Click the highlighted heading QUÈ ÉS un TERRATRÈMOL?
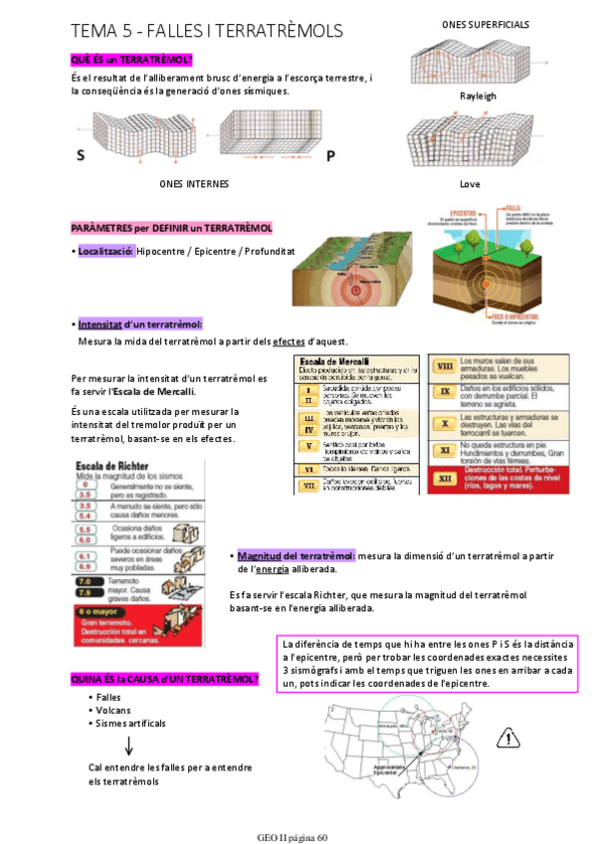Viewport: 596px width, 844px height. click(131, 60)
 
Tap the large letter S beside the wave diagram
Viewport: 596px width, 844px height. click(81, 155)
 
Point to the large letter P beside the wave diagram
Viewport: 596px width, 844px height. click(330, 155)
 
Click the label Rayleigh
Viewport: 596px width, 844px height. click(477, 97)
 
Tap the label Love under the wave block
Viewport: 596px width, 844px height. click(470, 184)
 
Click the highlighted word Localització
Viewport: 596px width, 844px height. click(104, 251)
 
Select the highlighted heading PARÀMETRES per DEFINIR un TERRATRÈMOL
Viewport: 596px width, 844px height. click(171, 228)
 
